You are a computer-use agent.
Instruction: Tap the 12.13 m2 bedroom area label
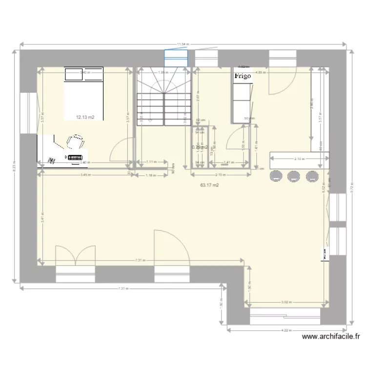(85, 117)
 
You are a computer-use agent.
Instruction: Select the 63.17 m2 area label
(210, 185)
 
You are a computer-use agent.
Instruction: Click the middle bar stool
(294, 176)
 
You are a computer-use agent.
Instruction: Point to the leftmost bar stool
(276, 176)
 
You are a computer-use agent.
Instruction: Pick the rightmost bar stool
(311, 176)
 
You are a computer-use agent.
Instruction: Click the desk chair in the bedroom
(75, 142)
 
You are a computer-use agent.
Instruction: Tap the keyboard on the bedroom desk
(75, 157)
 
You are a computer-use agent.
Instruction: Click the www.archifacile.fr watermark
(331, 336)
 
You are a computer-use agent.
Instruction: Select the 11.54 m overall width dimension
(183, 44)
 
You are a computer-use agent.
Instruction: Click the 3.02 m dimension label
(285, 302)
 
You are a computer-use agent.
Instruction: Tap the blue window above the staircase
(176, 58)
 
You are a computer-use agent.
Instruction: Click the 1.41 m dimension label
(227, 163)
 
